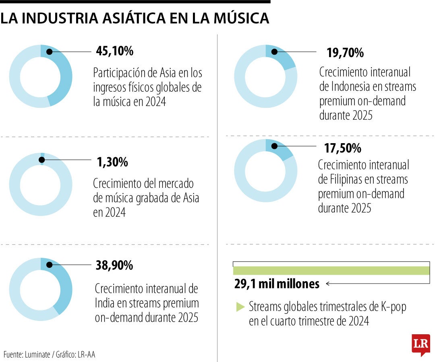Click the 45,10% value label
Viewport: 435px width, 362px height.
[114, 51]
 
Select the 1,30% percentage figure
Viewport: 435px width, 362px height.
[112, 162]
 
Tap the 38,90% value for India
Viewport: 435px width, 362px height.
[114, 265]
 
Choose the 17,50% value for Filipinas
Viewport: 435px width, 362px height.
[342, 148]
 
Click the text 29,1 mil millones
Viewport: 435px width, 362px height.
[277, 284]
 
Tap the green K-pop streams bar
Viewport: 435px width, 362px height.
[331, 271]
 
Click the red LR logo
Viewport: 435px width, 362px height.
[420, 344]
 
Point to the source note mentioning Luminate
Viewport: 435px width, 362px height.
[50, 354]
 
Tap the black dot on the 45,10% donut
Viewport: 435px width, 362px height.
[49, 51]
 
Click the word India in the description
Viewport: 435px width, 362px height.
[105, 302]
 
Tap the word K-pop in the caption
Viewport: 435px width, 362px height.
[394, 307]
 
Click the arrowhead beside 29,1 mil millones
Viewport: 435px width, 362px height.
[328, 284]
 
